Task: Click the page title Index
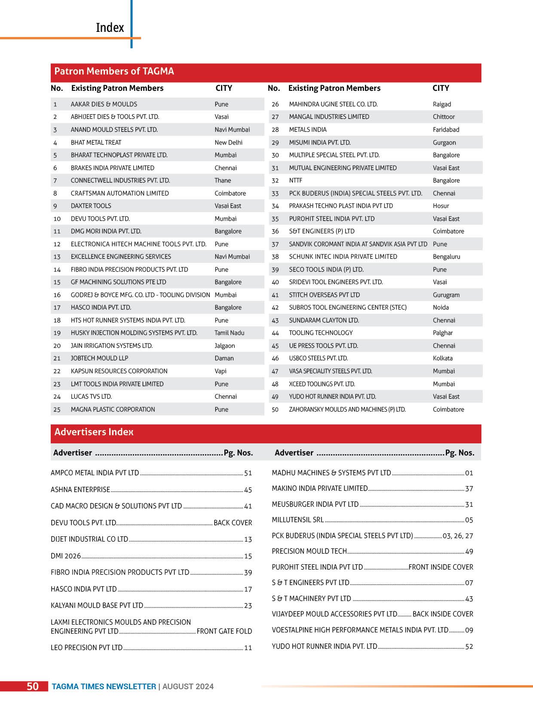click(x=110, y=28)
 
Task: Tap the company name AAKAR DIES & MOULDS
click(x=104, y=104)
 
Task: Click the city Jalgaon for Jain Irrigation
click(x=224, y=346)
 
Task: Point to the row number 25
click(x=57, y=409)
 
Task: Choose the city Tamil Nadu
click(x=229, y=333)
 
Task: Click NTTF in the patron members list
click(x=295, y=180)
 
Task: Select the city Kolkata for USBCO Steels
click(x=442, y=358)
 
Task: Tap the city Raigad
click(x=442, y=104)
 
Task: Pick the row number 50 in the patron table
click(x=275, y=409)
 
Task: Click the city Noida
click(x=441, y=307)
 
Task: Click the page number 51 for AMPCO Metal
click(x=248, y=473)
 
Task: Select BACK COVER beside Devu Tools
click(x=233, y=523)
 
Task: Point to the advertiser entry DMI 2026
click(x=66, y=556)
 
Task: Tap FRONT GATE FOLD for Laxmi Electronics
click(x=224, y=631)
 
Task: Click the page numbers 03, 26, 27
click(x=458, y=536)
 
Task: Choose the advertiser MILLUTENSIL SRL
click(x=297, y=520)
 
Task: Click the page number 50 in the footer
click(x=33, y=686)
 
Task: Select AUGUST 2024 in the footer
click(x=188, y=687)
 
